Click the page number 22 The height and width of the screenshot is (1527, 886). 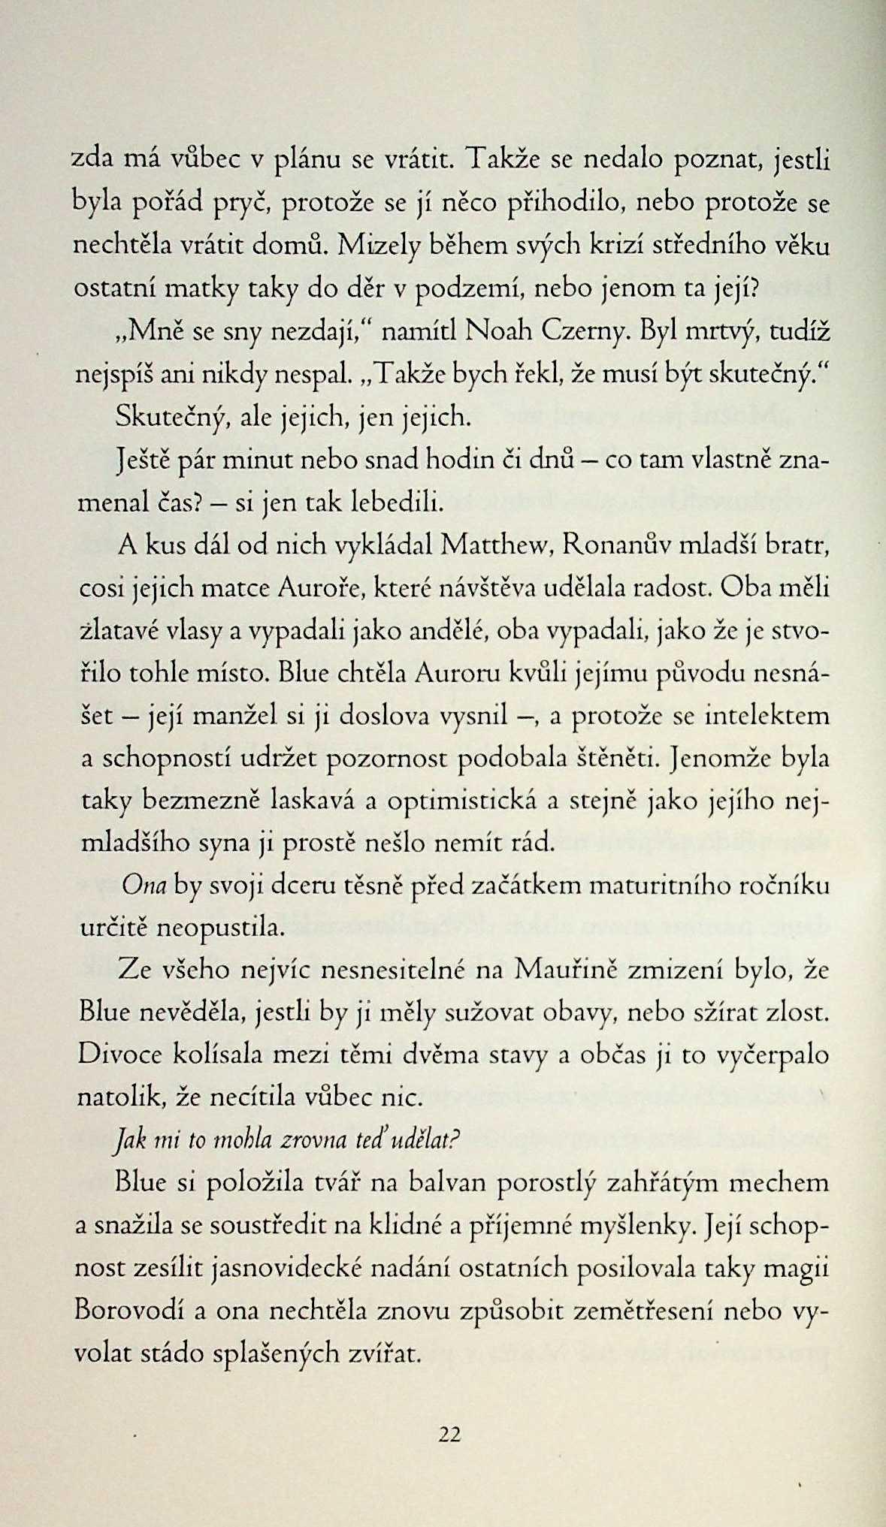[x=449, y=1435]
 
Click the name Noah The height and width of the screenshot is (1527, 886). [x=498, y=330]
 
